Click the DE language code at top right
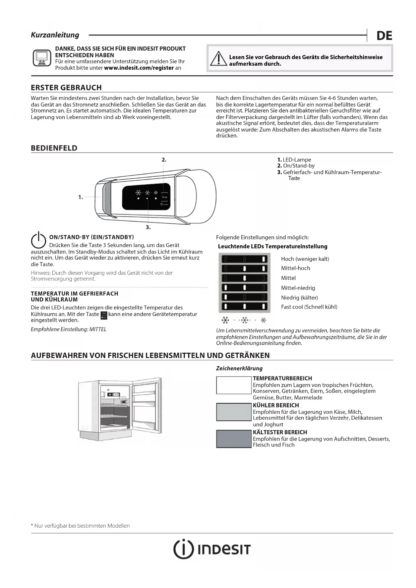click(x=384, y=36)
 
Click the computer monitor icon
click(x=42, y=58)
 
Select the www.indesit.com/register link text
click(x=139, y=68)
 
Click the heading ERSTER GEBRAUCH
click(x=66, y=87)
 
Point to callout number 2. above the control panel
click(x=164, y=160)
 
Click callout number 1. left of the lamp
click(x=80, y=197)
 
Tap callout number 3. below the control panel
click(x=148, y=227)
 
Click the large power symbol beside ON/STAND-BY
click(x=38, y=240)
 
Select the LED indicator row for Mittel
click(x=244, y=278)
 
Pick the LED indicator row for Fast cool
click(x=244, y=306)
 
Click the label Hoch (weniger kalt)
click(x=305, y=259)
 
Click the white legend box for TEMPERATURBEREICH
click(x=234, y=385)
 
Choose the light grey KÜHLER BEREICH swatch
click(x=234, y=412)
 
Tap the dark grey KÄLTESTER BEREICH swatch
click(x=234, y=439)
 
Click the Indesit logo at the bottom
click(x=212, y=549)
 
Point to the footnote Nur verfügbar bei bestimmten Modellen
click(x=80, y=526)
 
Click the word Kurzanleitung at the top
click(x=55, y=35)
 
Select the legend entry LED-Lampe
click(x=297, y=160)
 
